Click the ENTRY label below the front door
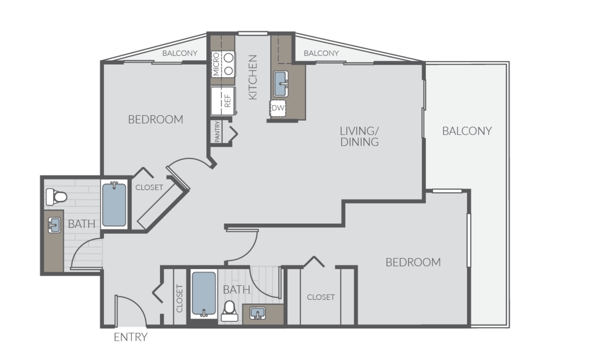pos(131,337)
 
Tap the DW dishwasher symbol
pos(278,108)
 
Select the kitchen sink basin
pos(281,84)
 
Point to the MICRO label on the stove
pos(216,64)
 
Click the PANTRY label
pos(217,131)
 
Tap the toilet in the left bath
pos(56,197)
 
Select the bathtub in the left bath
pos(114,205)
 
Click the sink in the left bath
pos(54,225)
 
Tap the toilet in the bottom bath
pos(230,311)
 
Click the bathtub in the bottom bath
pos(204,293)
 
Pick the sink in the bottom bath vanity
pos(258,313)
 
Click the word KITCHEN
pos(253,77)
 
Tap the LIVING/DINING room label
pos(359,137)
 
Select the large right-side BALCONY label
pos(467,131)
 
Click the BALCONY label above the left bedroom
pos(180,53)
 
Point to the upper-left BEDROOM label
pos(156,120)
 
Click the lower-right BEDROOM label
pos(413,262)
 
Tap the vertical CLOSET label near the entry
pos(179,298)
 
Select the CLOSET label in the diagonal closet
pos(149,187)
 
